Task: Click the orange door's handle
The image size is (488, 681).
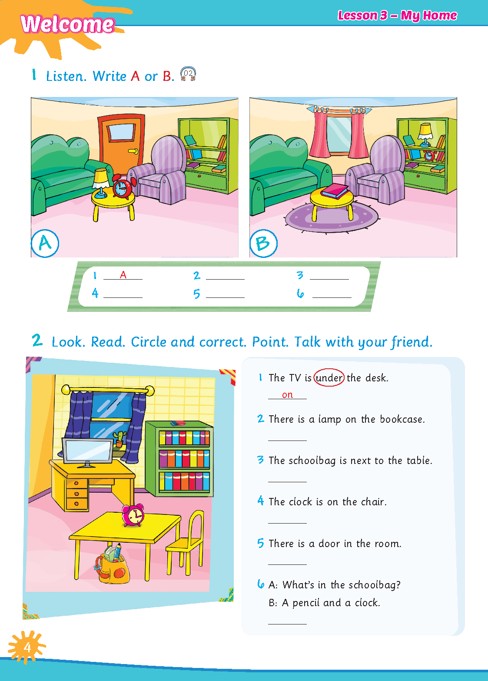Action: click(x=133, y=151)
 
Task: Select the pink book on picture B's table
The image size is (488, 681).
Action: click(x=335, y=191)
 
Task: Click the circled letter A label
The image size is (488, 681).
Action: click(x=45, y=243)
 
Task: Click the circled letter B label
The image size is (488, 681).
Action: click(x=263, y=243)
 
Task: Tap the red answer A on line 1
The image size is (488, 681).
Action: click(x=123, y=274)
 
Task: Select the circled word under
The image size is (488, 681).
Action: click(x=329, y=377)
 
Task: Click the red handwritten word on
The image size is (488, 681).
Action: click(x=287, y=395)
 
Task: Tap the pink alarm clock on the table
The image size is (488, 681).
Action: click(x=133, y=515)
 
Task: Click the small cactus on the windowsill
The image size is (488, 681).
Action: click(x=120, y=439)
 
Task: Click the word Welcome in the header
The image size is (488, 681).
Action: click(x=67, y=24)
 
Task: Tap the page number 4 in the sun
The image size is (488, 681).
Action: click(x=28, y=647)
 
